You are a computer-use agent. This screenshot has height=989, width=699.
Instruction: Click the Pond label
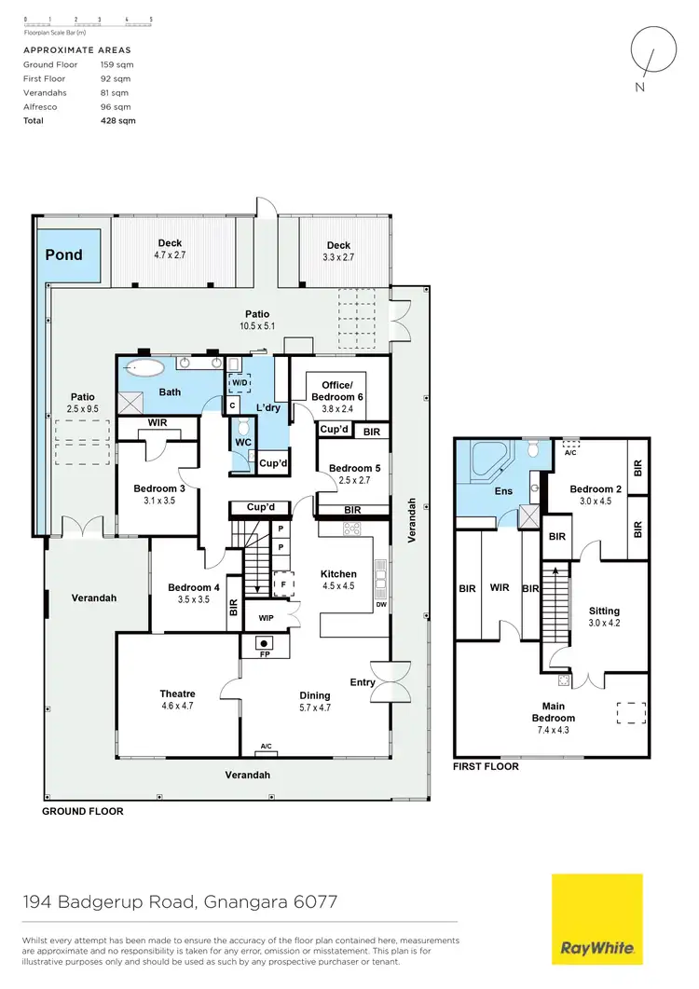[x=65, y=254]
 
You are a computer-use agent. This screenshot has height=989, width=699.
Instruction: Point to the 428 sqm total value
[x=117, y=121]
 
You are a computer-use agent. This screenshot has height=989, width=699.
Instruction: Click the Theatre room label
[x=177, y=694]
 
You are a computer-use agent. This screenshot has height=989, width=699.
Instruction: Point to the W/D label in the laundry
[x=240, y=382]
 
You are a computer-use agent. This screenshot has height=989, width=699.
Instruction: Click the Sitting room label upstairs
[x=604, y=611]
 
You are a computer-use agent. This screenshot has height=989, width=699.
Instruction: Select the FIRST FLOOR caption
[x=487, y=766]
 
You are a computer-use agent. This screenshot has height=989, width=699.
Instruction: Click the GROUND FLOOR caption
[x=83, y=811]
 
